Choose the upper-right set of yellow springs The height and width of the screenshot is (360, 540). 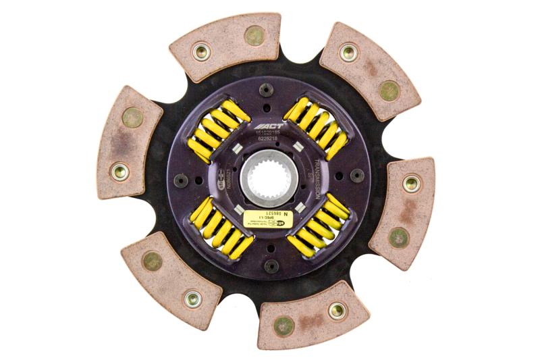pyautogui.click(x=316, y=127)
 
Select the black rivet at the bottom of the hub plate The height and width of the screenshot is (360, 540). pyautogui.click(x=271, y=266)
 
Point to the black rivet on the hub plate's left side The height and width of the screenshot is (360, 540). pyautogui.click(x=181, y=180)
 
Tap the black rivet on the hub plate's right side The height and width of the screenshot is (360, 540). pyautogui.click(x=358, y=176)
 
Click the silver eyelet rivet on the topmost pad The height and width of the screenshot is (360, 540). pyautogui.click(x=201, y=51)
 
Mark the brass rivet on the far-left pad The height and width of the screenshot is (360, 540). pyautogui.click(x=132, y=118)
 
